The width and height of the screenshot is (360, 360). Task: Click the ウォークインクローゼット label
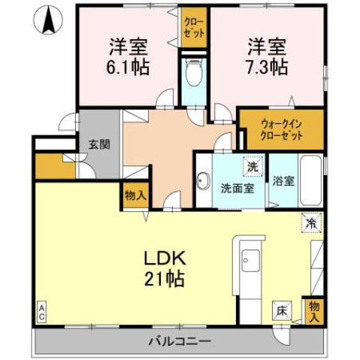point(282,130)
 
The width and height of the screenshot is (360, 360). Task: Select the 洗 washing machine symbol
point(252,165)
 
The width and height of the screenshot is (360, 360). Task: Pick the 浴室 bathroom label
point(283,181)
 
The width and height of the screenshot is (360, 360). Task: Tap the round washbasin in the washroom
point(203,180)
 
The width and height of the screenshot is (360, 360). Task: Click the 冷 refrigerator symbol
point(311,222)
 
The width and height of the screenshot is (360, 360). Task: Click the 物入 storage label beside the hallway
point(135,195)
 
